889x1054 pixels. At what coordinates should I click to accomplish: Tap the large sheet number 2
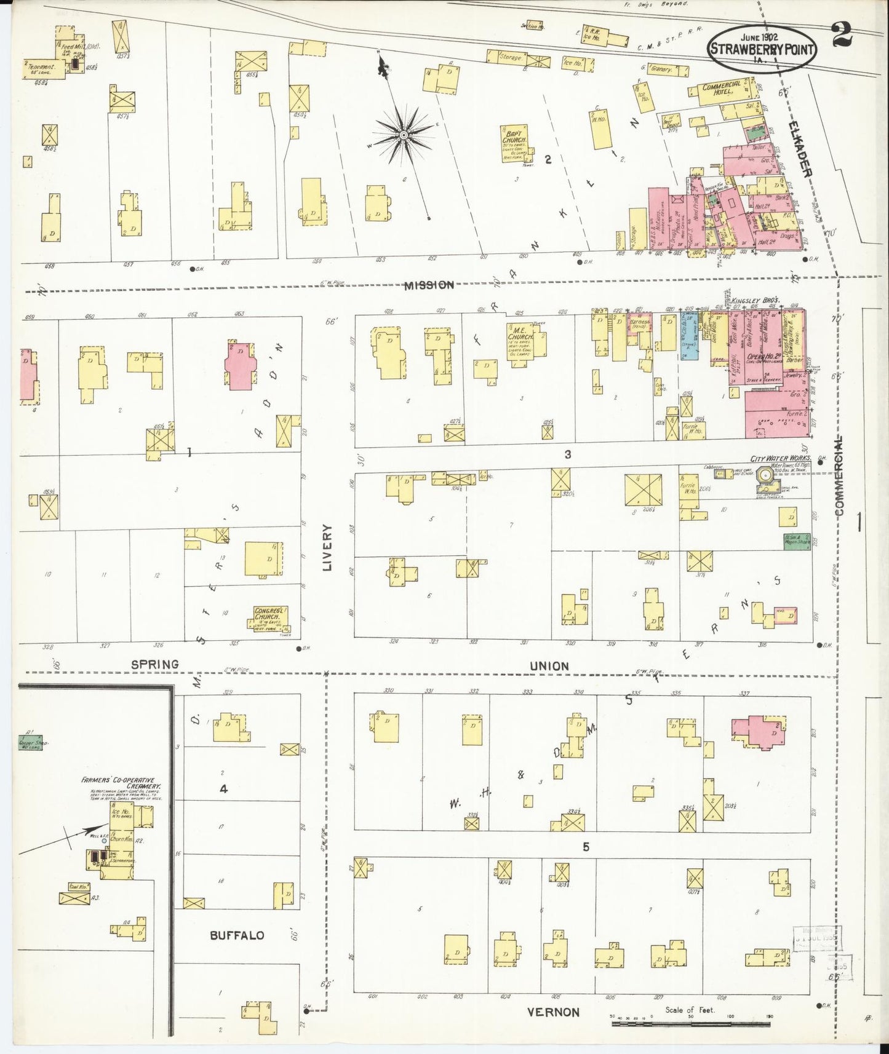841,34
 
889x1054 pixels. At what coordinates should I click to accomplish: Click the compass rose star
404,135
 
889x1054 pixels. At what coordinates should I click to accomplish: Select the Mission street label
429,285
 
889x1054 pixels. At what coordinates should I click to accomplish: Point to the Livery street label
327,547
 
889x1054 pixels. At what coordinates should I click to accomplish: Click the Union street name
549,666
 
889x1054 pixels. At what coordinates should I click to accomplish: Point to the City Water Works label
779,459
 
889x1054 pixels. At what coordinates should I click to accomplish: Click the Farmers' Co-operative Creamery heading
121,782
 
